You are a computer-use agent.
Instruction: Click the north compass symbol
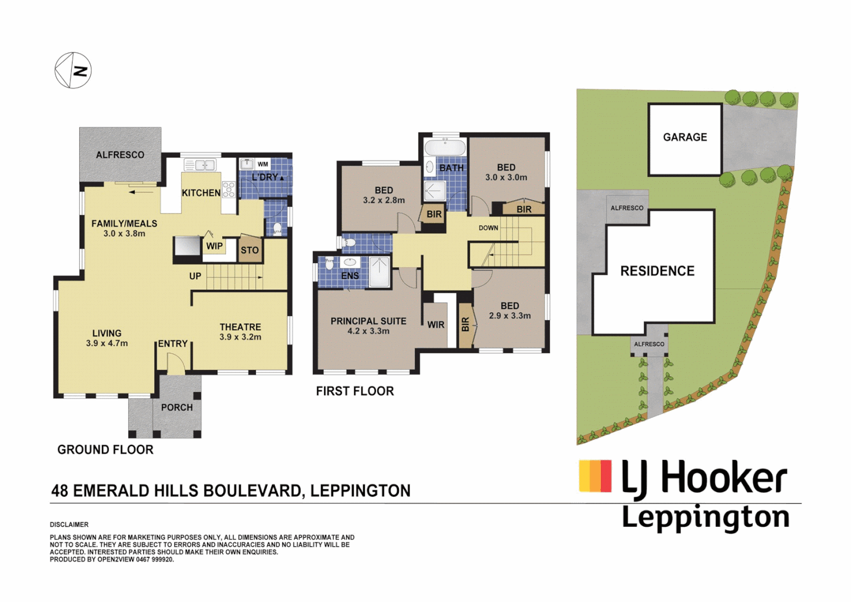73,70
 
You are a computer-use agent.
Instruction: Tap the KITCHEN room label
201,193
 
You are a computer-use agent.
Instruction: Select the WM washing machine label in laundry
262,164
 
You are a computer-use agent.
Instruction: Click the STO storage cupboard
250,250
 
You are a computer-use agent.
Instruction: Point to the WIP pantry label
214,246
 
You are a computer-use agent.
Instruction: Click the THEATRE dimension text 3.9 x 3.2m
240,337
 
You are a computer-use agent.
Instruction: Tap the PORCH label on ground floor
177,407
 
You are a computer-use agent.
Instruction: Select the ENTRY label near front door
173,344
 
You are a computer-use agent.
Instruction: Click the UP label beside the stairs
195,276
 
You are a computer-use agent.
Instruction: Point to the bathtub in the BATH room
444,148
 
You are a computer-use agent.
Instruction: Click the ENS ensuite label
350,276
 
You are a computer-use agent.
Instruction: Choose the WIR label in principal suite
436,324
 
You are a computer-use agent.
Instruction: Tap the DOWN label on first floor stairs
488,228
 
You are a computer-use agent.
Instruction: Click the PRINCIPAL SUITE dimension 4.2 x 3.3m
368,331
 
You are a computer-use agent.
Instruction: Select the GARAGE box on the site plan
684,138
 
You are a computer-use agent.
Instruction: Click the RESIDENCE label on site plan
657,271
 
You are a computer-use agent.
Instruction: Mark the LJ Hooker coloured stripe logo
595,476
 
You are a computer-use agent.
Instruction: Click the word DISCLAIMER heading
69,525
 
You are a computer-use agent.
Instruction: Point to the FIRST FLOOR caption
355,391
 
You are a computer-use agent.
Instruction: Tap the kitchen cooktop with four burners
228,190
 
